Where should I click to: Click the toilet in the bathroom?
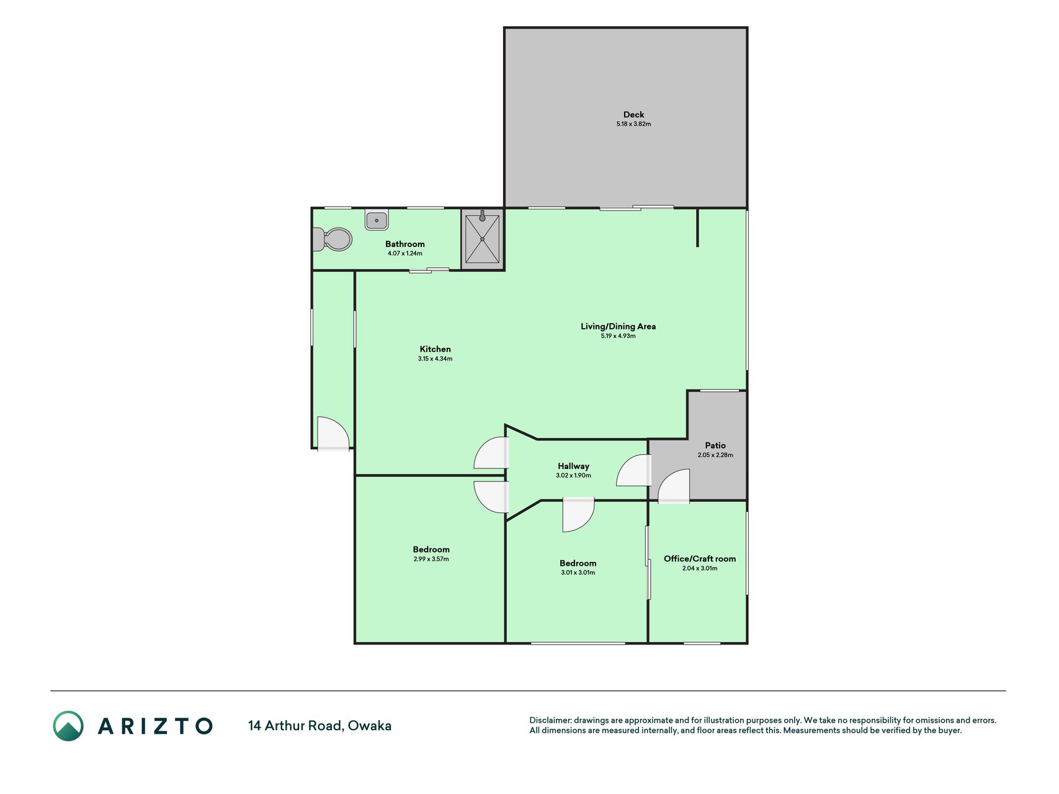(x=333, y=239)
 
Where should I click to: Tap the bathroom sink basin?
(x=377, y=220)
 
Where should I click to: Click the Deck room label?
(x=633, y=115)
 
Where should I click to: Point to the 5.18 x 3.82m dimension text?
(x=633, y=124)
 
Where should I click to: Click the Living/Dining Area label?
(x=618, y=326)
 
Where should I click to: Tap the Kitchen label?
(x=435, y=349)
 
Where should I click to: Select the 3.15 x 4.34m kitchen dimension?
(x=435, y=359)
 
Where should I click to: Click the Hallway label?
(x=573, y=466)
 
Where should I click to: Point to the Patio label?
(x=715, y=445)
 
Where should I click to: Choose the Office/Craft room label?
(x=700, y=559)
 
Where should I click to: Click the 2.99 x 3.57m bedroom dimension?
(x=431, y=559)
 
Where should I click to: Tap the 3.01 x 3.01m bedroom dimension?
(x=578, y=573)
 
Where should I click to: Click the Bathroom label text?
(x=405, y=244)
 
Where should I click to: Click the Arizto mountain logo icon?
(x=68, y=726)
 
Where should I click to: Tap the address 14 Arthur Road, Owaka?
(x=319, y=726)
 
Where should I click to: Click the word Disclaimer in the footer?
(x=550, y=720)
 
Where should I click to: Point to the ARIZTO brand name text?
(x=155, y=726)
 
